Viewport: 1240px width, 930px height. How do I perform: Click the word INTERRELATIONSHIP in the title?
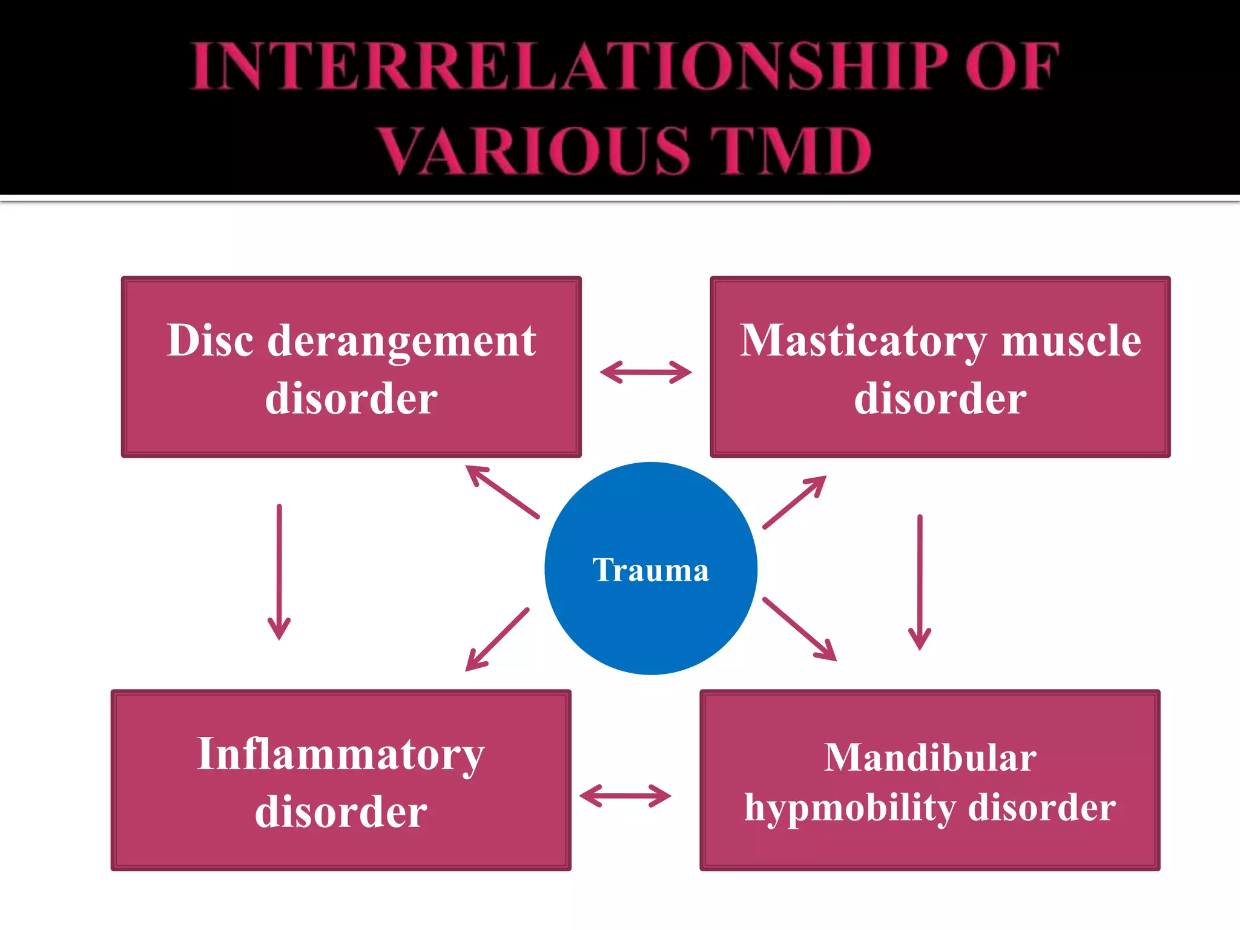(x=569, y=67)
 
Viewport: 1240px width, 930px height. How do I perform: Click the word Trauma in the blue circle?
(x=651, y=570)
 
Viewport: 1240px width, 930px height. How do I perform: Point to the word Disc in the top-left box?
(x=210, y=340)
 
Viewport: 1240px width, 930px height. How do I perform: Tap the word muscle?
(x=1071, y=340)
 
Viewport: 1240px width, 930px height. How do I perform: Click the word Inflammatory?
(x=341, y=756)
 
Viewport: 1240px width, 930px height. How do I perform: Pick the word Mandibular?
(x=930, y=758)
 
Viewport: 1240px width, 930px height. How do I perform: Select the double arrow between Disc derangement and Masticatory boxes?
(x=645, y=372)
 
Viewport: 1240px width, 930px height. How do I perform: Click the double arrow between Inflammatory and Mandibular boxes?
(x=625, y=796)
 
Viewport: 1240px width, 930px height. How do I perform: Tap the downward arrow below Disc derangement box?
(x=279, y=572)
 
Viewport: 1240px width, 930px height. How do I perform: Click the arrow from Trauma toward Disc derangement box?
(x=502, y=492)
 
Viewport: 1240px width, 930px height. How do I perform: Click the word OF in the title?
(x=1011, y=67)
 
